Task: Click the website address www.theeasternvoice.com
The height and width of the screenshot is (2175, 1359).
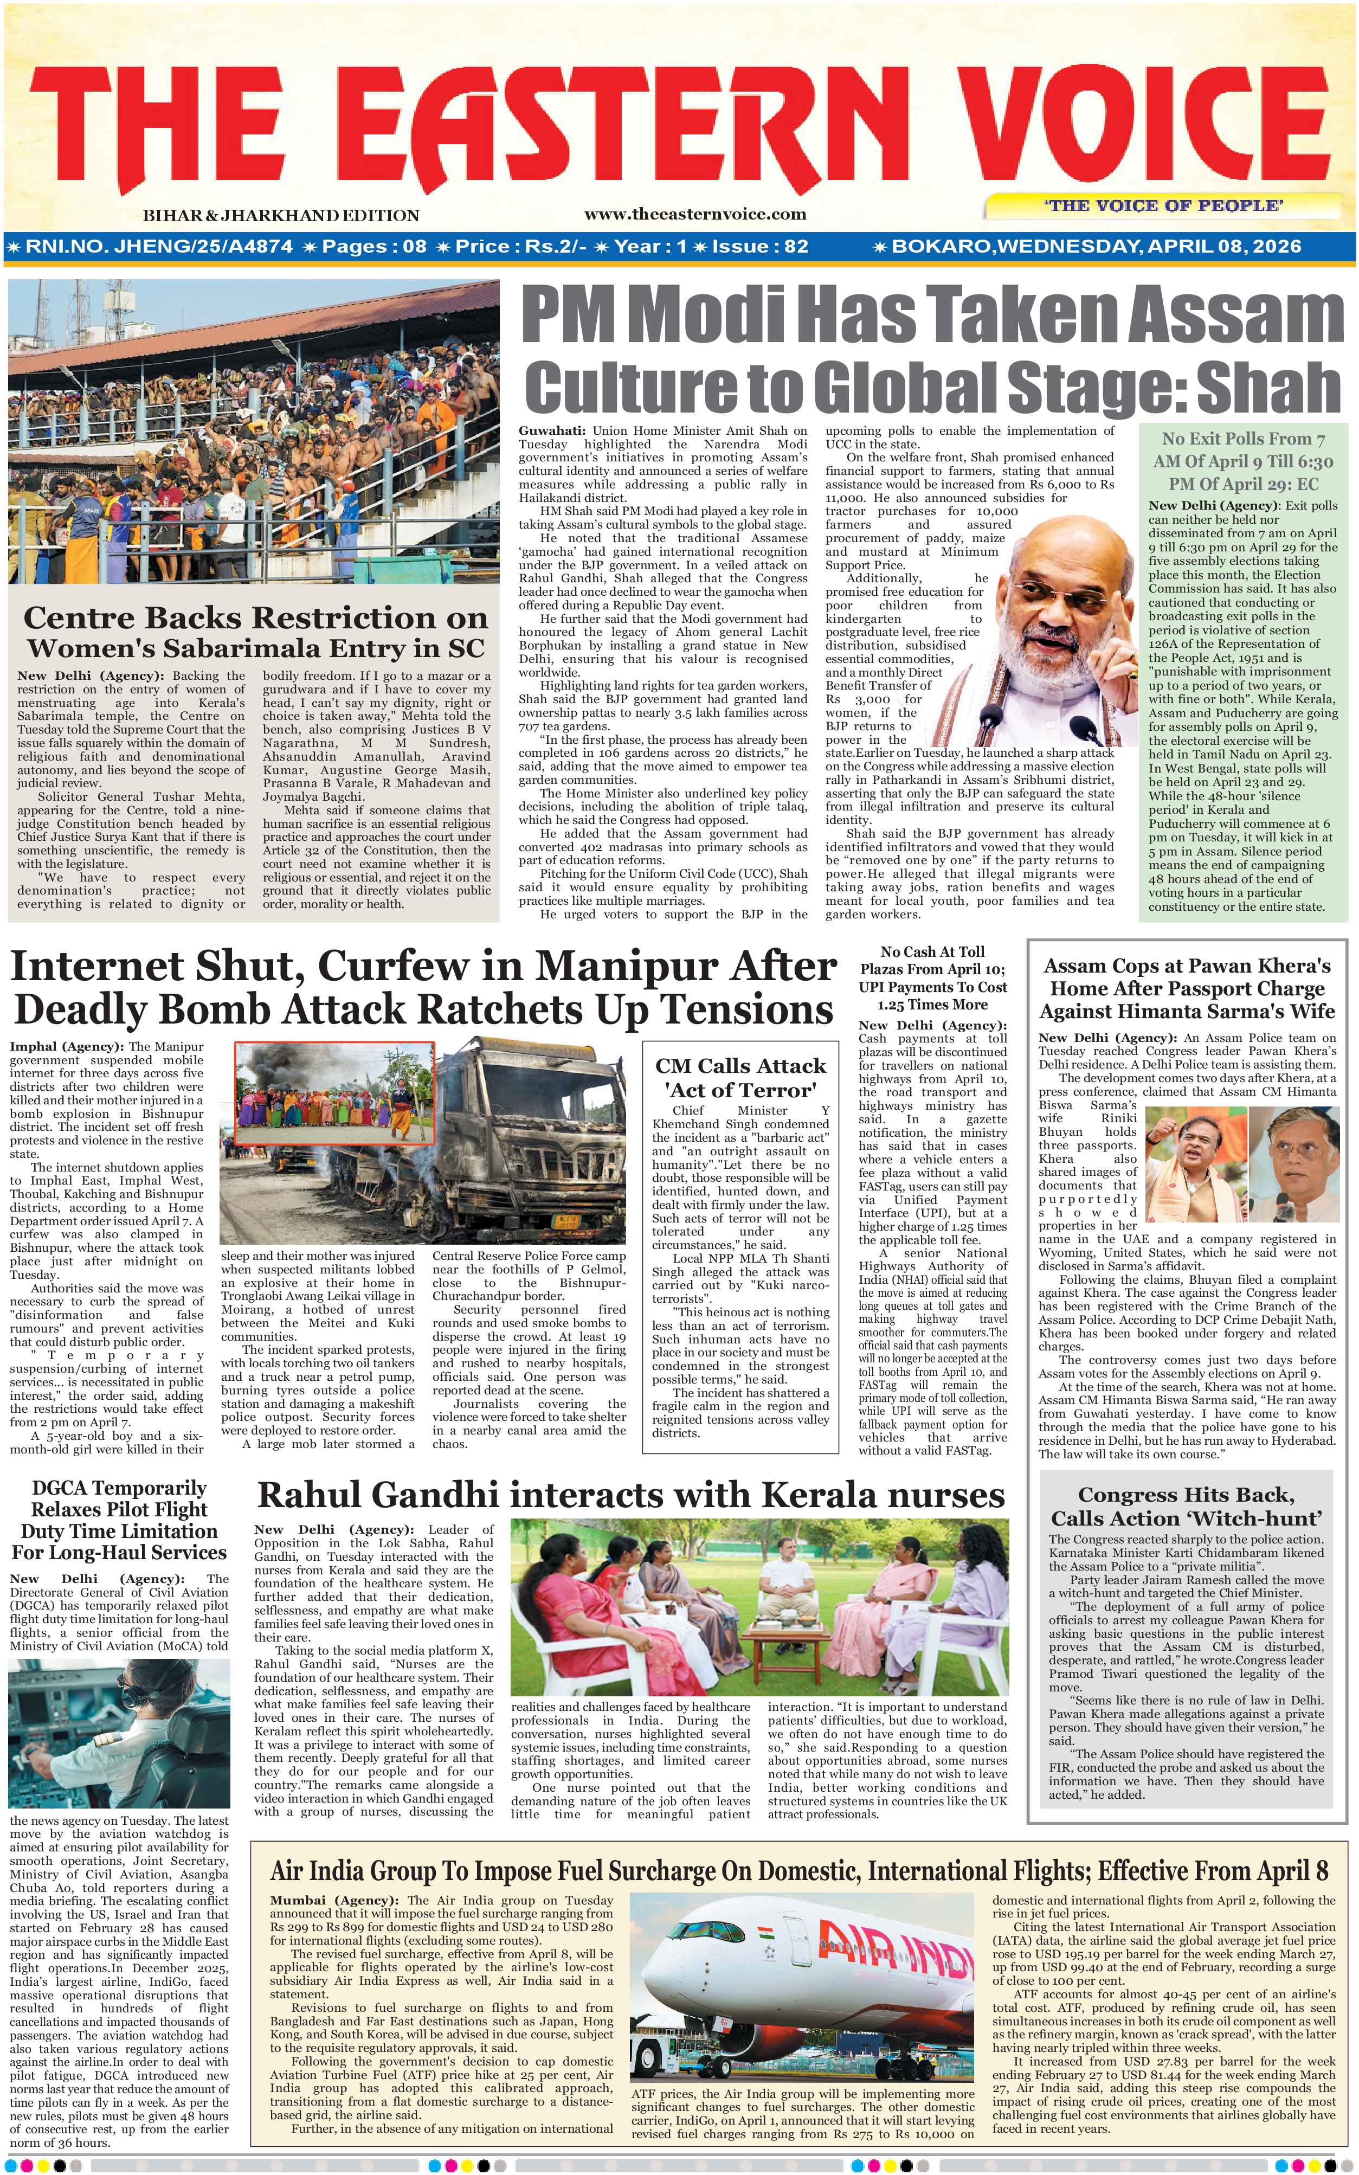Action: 695,214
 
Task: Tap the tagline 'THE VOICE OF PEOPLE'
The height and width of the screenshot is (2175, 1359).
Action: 1163,206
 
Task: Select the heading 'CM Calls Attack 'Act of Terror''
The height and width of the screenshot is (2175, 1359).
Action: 740,1078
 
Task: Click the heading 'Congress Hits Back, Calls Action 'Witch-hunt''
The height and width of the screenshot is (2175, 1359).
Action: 1187,1507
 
